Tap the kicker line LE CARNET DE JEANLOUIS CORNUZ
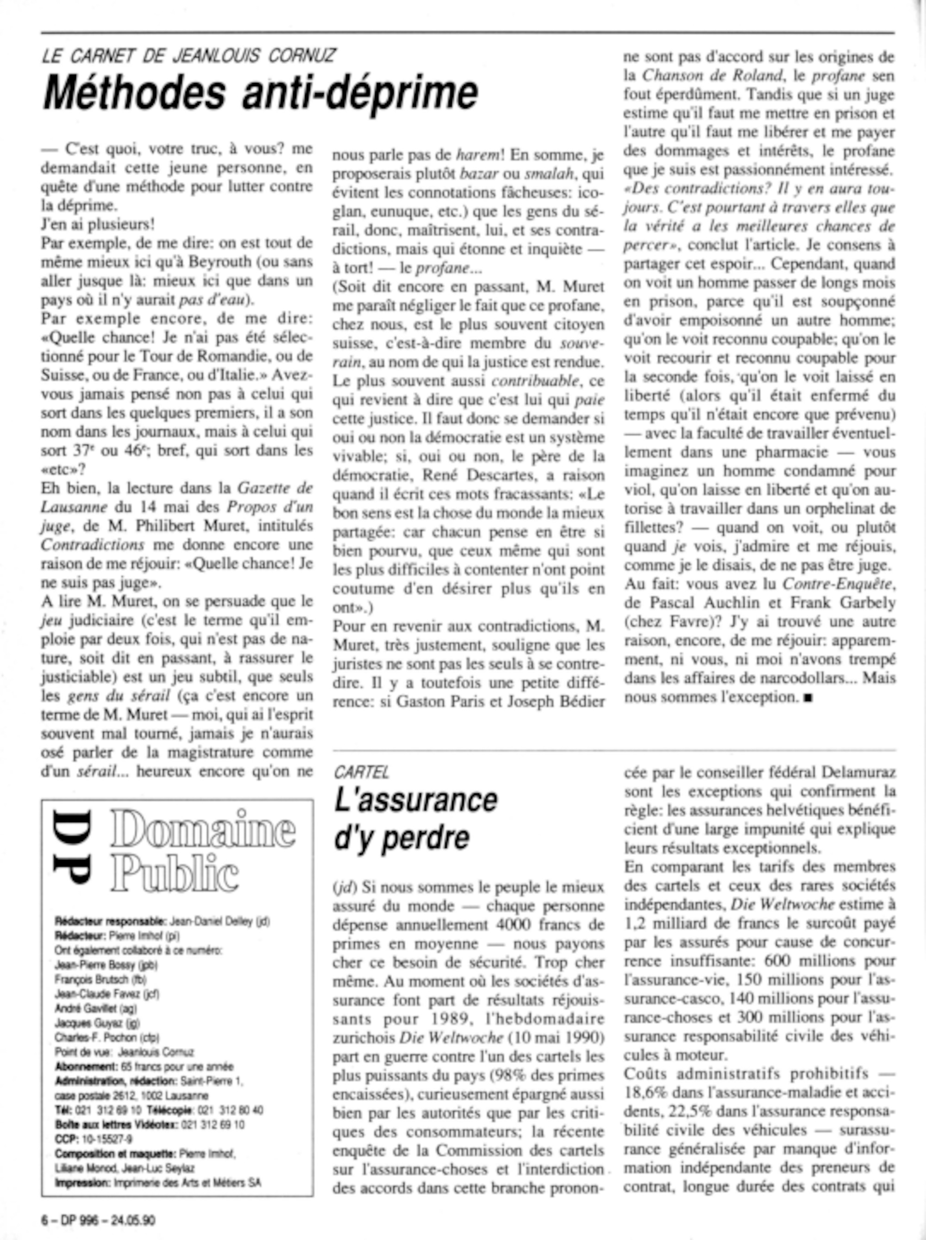[x=189, y=56]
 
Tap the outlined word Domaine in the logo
[x=203, y=829]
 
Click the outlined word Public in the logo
[x=175, y=873]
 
